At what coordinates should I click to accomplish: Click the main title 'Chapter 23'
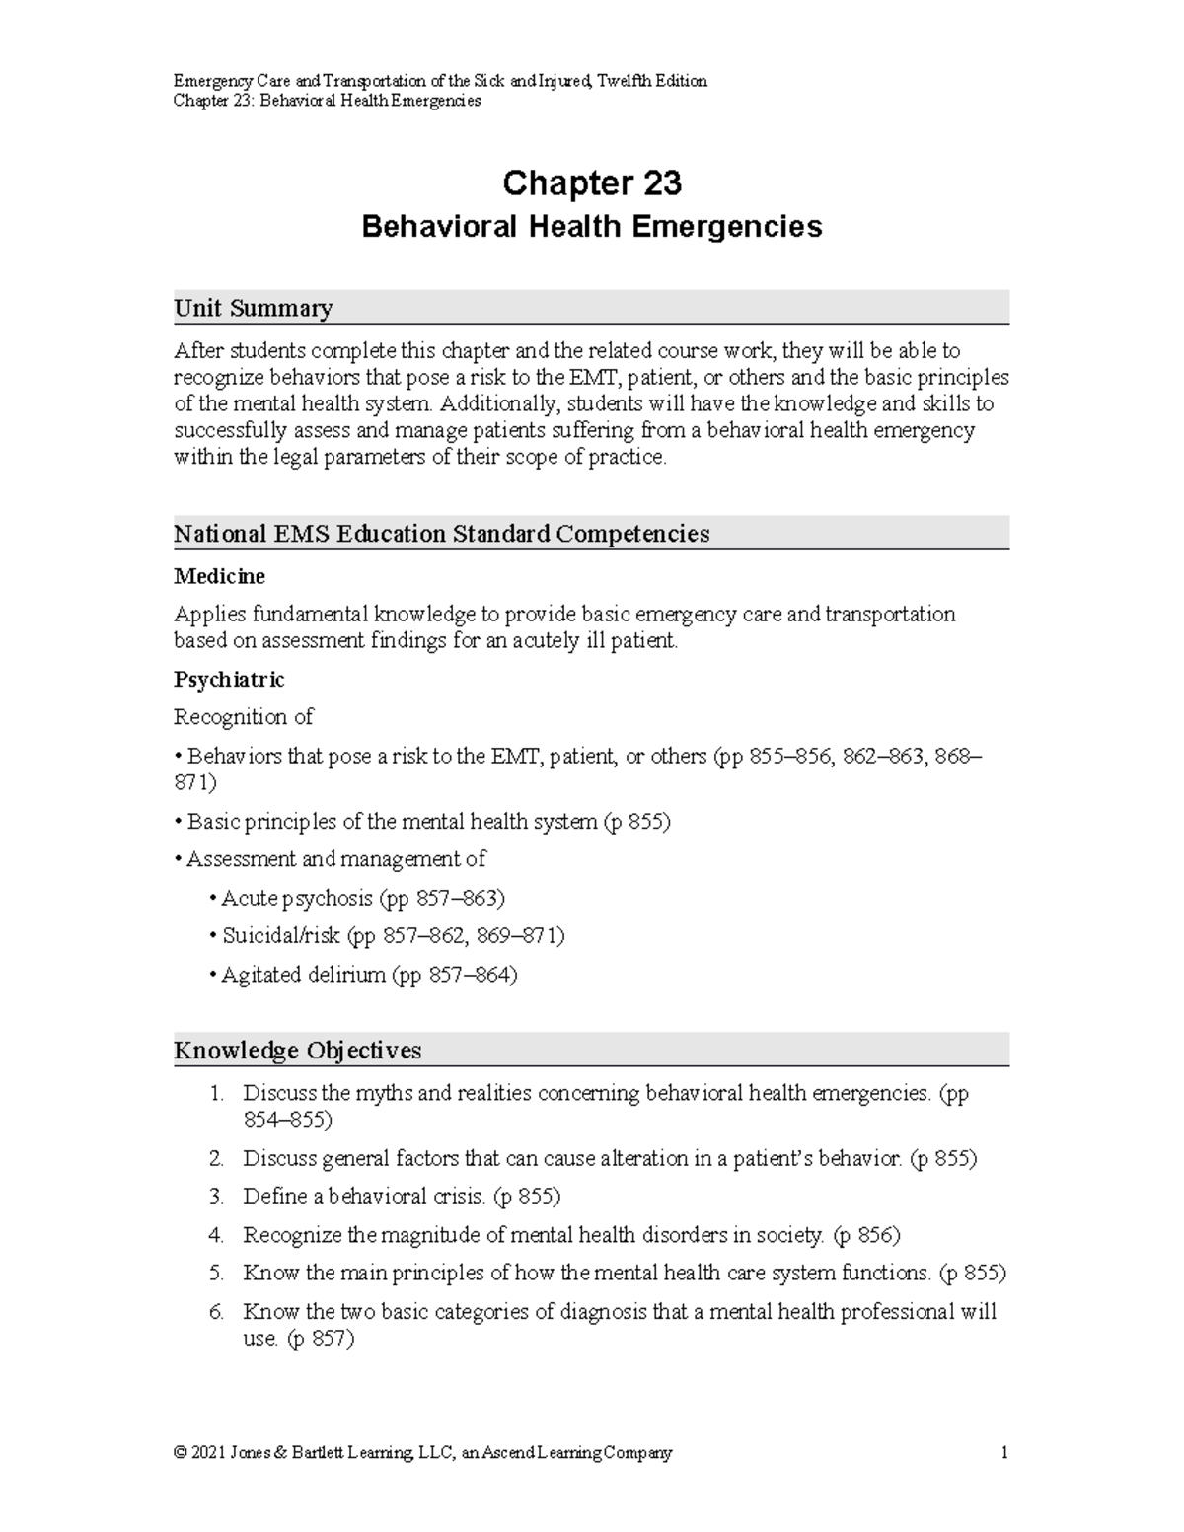(592, 183)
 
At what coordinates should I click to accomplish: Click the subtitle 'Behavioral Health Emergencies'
(592, 227)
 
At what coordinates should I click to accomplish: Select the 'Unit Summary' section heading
(253, 308)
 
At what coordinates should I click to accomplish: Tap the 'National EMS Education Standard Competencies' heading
(441, 534)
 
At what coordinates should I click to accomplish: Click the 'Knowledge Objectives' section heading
(297, 1050)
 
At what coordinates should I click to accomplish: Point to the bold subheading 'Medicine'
(219, 576)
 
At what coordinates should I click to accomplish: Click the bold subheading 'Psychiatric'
(229, 680)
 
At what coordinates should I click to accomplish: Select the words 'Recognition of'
(243, 717)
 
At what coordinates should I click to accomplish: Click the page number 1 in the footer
(1003, 1452)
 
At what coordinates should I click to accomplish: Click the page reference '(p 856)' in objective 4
(866, 1235)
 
